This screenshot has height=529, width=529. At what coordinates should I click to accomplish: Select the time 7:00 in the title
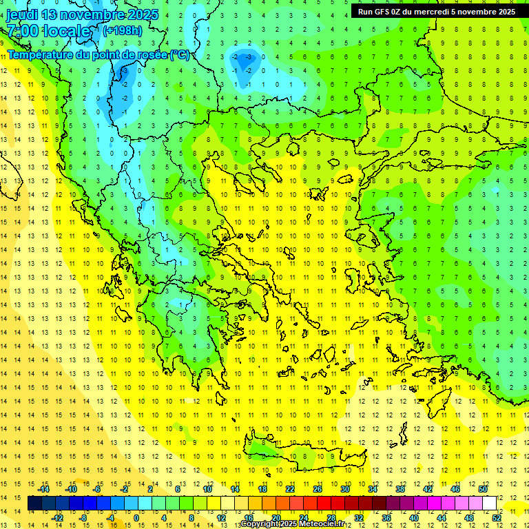pos(22,32)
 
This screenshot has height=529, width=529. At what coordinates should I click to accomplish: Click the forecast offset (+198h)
pos(122,30)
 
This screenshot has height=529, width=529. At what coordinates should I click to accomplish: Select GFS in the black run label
pos(384,12)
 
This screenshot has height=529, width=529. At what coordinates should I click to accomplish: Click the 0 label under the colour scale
pos(136,517)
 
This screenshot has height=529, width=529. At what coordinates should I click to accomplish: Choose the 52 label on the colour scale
pos(497,517)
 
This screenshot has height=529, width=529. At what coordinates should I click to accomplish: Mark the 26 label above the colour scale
pos(318,489)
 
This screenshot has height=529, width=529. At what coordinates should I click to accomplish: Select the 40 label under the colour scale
pos(413,517)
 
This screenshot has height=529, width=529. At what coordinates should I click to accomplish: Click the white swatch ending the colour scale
pos(489,504)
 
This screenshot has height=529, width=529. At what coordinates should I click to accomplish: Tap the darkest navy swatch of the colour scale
pos(34,504)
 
